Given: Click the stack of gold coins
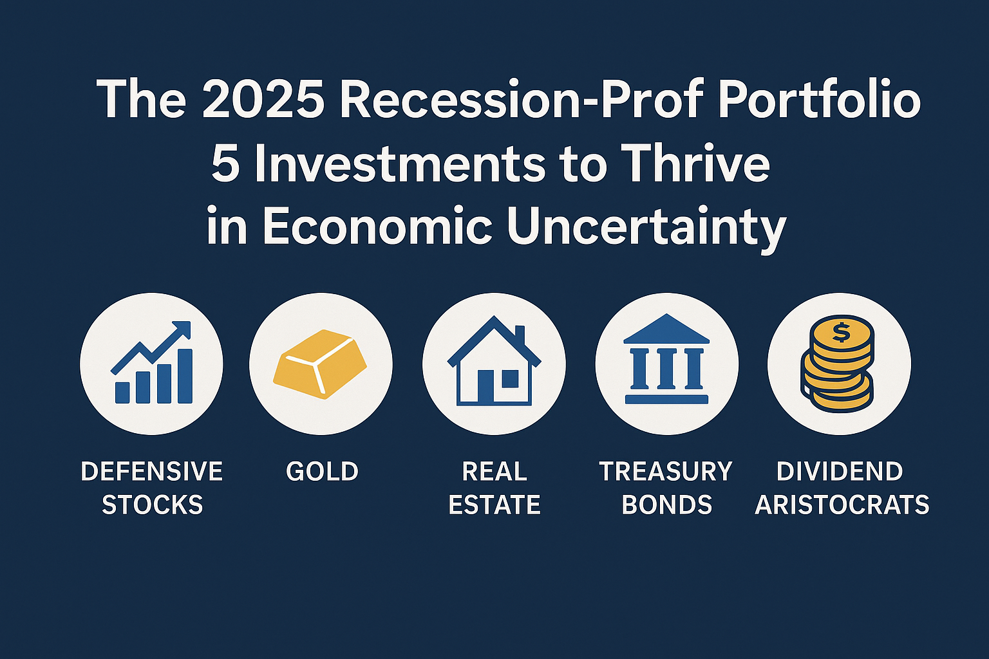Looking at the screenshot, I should point(838,364).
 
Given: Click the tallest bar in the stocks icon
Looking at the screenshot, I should point(185,376).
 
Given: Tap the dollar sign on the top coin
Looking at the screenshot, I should point(840,332).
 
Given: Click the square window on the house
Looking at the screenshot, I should point(509,378).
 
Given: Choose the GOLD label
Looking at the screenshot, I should point(322,472).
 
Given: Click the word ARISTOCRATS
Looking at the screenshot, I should point(842,505).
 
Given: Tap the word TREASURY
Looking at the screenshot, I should point(666,472).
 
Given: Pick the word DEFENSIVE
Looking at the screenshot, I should point(152,472).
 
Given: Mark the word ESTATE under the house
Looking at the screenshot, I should point(494,505).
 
